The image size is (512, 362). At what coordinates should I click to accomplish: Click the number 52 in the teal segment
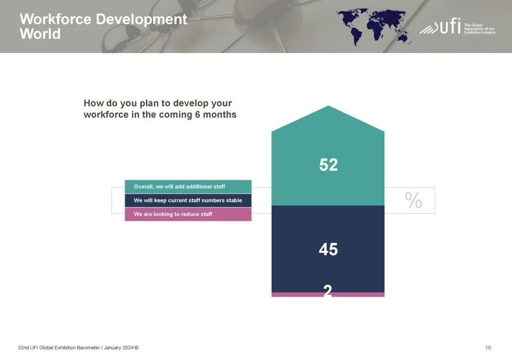click(328, 164)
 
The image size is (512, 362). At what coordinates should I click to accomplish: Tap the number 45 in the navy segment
click(328, 249)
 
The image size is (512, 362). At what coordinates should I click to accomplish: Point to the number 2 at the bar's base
click(328, 290)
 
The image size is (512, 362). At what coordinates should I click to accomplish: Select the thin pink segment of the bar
click(328, 295)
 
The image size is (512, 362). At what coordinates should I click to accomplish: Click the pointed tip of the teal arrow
click(328, 106)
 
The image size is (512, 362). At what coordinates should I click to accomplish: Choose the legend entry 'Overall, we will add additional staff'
click(188, 187)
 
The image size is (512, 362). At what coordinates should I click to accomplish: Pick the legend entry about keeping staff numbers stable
click(188, 200)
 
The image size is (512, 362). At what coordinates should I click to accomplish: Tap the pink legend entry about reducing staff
click(188, 214)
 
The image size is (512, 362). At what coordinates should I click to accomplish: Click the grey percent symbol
click(413, 200)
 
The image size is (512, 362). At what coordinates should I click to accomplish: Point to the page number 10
click(488, 348)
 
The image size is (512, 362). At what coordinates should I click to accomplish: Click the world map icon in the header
click(374, 27)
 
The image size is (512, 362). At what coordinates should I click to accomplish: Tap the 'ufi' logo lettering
click(450, 26)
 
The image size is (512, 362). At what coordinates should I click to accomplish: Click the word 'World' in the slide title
click(40, 34)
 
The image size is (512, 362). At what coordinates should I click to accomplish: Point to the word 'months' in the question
click(220, 115)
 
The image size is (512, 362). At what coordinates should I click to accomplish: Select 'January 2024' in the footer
click(119, 348)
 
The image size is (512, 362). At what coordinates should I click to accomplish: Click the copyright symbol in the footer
click(137, 348)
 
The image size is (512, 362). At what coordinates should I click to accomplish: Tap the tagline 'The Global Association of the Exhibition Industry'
click(480, 29)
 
